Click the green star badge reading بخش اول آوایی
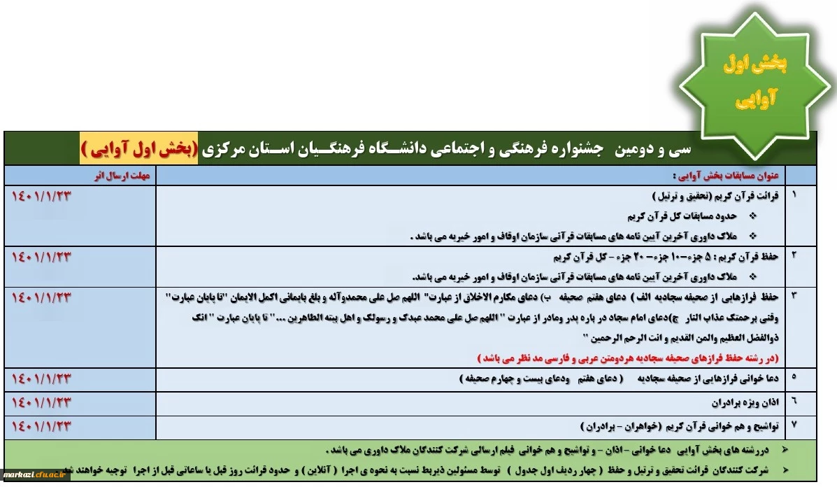tap(754, 83)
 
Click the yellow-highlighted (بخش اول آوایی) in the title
tap(138, 150)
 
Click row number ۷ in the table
tap(794, 424)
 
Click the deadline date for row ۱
tap(43, 195)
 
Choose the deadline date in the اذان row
tap(43, 402)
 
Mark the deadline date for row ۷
tap(43, 424)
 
